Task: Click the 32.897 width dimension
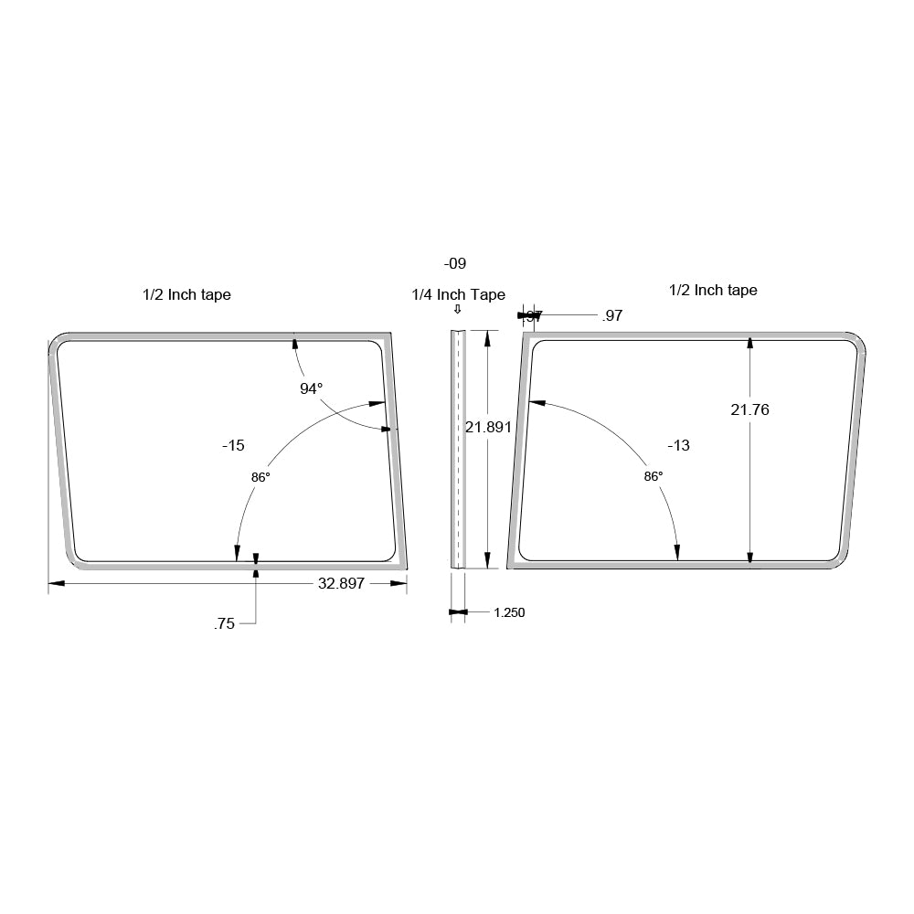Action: (341, 584)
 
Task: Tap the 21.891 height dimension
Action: (488, 426)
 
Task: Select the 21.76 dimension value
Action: (749, 409)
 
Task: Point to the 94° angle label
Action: (312, 388)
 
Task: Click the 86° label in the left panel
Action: (261, 476)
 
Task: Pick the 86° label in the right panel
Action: (653, 476)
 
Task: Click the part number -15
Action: (233, 445)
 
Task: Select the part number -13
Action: (678, 445)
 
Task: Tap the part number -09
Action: (455, 263)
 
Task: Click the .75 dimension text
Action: (224, 624)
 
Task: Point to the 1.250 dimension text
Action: (509, 612)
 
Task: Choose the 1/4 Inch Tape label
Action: (458, 294)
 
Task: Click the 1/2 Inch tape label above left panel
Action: (186, 294)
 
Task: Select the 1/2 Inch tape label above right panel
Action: (713, 290)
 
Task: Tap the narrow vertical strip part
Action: (458, 448)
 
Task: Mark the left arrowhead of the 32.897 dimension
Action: (54, 583)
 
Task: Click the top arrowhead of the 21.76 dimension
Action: (749, 343)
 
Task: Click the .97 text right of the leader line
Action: (612, 315)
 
